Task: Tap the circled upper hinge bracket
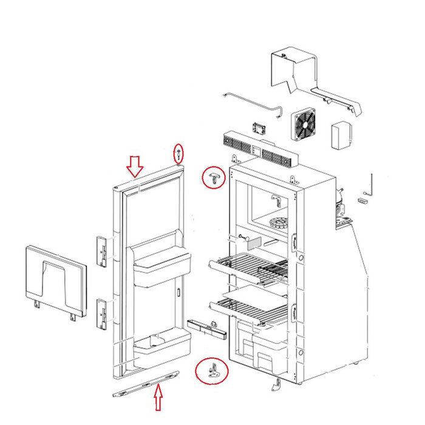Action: [x=214, y=177]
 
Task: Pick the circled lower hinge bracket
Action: [x=211, y=370]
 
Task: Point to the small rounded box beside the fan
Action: [x=342, y=135]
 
